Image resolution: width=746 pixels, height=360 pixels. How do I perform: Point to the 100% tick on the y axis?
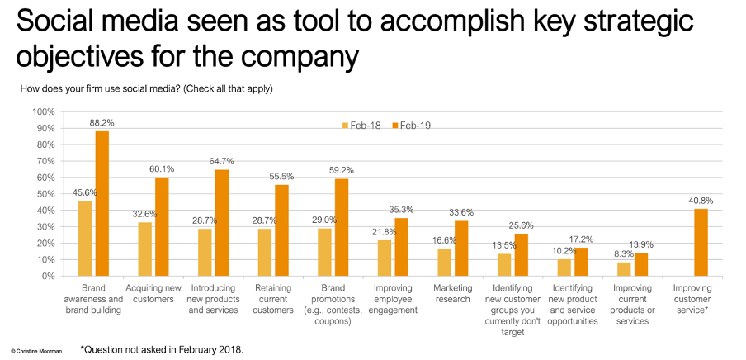coord(43,111)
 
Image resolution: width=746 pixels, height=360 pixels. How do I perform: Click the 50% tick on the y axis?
coord(45,194)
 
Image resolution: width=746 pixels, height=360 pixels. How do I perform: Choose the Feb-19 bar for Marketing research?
coord(461,249)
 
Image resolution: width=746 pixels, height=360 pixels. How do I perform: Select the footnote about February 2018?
coord(162,348)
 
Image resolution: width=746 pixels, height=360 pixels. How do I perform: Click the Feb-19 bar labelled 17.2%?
coord(581,262)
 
